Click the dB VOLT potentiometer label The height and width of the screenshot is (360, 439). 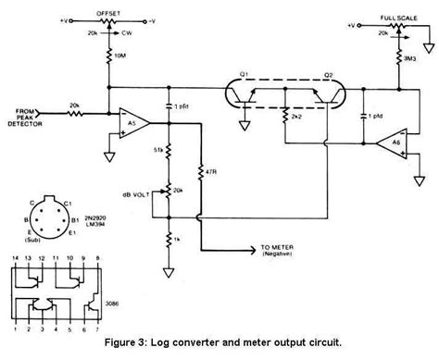coord(139,193)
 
